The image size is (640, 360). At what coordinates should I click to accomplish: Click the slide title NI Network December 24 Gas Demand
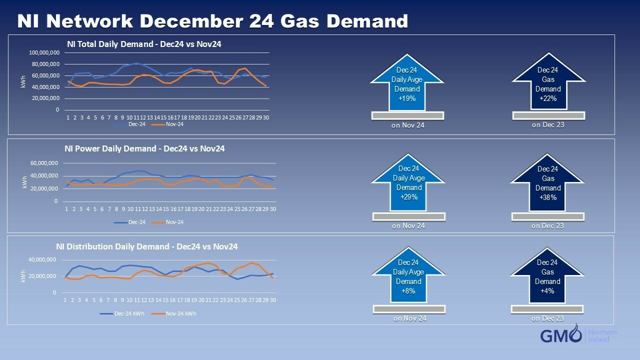212,21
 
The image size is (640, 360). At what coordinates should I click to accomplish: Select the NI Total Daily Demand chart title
144,44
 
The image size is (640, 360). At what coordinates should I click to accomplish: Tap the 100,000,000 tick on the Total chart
44,52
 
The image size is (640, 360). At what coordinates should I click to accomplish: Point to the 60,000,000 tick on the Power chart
44,163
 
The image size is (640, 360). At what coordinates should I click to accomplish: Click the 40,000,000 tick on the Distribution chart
42,260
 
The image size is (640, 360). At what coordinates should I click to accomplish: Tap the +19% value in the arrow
406,98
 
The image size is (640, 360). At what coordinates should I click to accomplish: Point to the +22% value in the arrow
548,98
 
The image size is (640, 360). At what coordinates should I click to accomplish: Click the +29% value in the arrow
408,197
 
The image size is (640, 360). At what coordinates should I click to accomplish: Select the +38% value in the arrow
548,197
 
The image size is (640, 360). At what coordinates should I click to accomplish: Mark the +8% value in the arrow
408,291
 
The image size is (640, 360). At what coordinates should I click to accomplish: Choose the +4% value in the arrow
547,291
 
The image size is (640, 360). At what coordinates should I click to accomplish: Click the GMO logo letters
560,335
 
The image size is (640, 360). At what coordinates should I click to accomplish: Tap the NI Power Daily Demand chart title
144,148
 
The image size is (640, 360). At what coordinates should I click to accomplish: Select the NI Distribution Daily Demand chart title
146,246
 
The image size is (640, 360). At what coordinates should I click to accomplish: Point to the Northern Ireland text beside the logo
602,335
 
